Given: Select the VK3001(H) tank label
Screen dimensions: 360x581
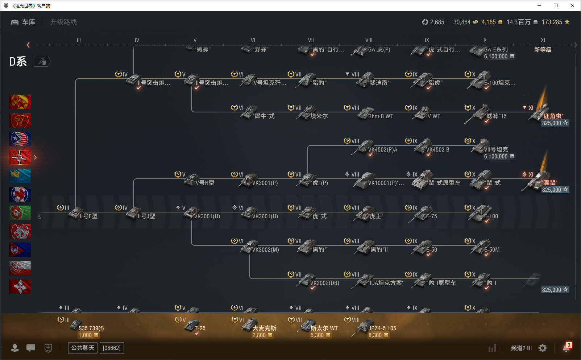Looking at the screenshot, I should click(207, 216).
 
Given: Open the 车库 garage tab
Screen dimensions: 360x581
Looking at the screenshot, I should click(24, 22).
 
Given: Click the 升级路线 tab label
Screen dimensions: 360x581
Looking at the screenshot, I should click(63, 22).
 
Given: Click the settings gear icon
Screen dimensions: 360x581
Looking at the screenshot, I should click(543, 348).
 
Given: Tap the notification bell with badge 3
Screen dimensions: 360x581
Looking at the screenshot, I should click(566, 348).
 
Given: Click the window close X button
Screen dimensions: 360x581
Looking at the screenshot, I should click(572, 5).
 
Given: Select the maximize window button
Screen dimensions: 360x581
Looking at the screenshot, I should click(556, 5).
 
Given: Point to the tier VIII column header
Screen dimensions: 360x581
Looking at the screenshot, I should click(369, 40).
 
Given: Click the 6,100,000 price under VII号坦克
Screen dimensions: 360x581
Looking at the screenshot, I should click(495, 157).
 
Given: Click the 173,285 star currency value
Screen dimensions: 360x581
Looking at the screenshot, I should click(552, 22).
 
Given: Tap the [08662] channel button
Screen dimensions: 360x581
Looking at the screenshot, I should click(112, 348).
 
